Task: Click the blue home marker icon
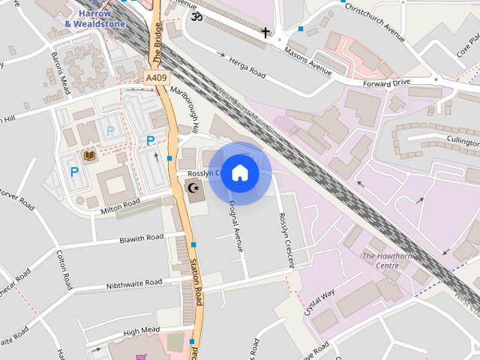click(240, 173)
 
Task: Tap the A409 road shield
click(157, 78)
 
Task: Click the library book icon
click(89, 155)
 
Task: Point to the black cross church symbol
click(265, 32)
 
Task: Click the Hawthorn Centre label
click(387, 260)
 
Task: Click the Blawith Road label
click(141, 238)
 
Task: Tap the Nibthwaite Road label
click(133, 283)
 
